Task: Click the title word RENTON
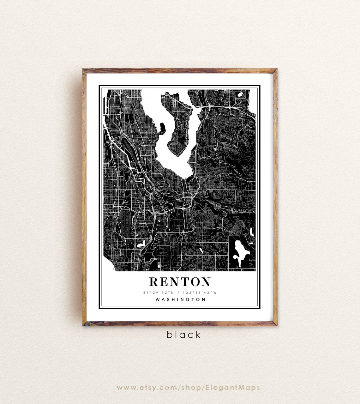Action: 180,281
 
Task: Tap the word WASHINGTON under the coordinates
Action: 180,299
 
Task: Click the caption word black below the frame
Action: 183,335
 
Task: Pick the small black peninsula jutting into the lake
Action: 162,128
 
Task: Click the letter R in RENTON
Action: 153,281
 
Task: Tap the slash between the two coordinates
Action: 180,292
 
